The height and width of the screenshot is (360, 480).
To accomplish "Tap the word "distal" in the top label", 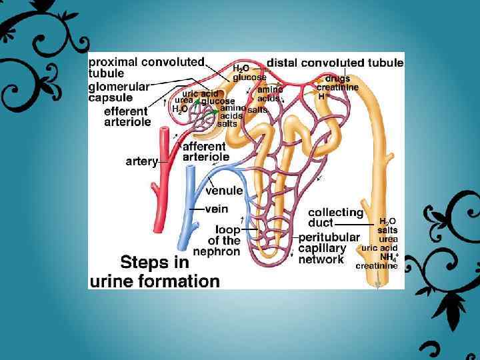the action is click(283, 63).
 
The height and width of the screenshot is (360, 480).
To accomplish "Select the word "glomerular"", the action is click(119, 86).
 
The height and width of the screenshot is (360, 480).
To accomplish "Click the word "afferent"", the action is click(204, 147).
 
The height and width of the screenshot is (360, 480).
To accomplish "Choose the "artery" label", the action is click(141, 161).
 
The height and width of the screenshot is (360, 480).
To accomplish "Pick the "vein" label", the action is click(216, 209).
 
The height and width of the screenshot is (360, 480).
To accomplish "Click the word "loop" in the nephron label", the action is click(228, 229).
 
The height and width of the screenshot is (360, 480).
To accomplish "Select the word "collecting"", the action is click(335, 213).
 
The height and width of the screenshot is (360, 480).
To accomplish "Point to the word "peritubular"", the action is click(329, 237).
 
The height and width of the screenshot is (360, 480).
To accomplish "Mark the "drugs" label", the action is click(337, 79).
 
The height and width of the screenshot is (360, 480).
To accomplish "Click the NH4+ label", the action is click(389, 257).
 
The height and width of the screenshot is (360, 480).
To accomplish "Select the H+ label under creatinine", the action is click(323, 96).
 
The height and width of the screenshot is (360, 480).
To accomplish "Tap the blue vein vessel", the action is click(187, 213).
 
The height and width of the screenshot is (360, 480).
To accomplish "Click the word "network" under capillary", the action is click(321, 260).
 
